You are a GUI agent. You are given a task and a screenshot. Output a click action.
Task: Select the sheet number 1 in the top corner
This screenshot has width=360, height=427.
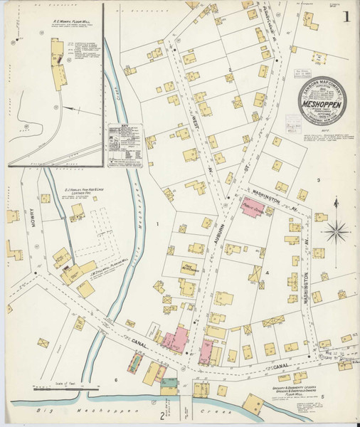point(345,16)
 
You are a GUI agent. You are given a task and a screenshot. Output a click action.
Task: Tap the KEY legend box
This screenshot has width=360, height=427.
point(125,145)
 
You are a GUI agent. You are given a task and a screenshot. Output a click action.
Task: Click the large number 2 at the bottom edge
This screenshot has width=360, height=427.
point(162,416)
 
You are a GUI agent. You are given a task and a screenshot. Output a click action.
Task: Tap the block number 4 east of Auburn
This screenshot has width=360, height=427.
point(268,273)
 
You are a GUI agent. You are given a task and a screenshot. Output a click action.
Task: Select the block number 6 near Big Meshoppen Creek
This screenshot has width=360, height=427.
point(115,381)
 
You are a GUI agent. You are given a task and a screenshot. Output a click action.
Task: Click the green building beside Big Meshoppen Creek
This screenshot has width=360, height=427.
point(169,385)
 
